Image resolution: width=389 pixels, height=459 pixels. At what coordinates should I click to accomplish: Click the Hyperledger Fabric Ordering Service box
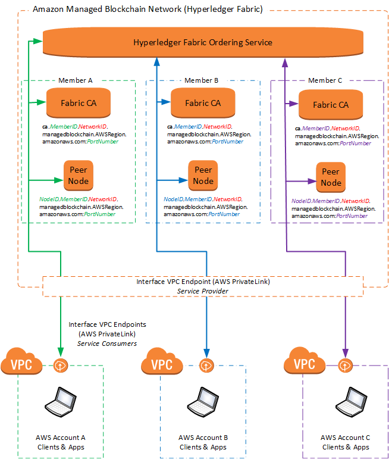pyautogui.click(x=203, y=42)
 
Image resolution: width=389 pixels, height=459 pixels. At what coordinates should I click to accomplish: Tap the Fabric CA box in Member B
pyautogui.click(x=203, y=103)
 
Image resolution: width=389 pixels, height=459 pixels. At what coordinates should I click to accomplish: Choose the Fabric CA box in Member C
pyautogui.click(x=331, y=105)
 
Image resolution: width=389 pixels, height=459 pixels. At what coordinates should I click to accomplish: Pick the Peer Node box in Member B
pyautogui.click(x=203, y=176)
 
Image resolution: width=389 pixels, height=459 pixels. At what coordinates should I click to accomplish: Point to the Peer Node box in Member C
pyautogui.click(x=331, y=177)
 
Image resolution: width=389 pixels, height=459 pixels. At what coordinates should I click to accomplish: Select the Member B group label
pyautogui.click(x=202, y=80)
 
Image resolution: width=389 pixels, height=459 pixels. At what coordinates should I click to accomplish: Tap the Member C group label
pyautogui.click(x=325, y=80)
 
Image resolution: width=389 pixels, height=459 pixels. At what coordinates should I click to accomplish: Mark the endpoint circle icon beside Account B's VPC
pyautogui.click(x=206, y=364)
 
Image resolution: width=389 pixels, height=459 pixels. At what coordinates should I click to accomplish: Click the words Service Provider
pyautogui.click(x=203, y=291)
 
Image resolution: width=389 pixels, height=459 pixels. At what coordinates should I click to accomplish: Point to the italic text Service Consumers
pyautogui.click(x=107, y=344)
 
